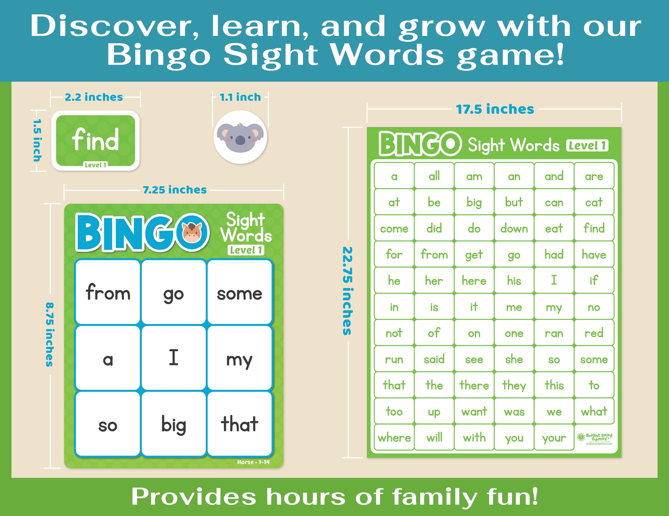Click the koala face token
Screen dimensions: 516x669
[240, 137]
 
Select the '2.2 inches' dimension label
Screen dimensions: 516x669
[94, 97]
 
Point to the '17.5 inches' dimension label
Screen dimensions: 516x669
[495, 109]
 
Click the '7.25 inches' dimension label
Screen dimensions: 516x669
[175, 190]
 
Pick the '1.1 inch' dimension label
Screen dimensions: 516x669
[240, 97]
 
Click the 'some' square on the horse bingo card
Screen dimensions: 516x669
[240, 292]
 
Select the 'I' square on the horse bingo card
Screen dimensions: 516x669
[173, 358]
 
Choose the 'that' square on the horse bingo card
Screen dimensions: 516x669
[240, 424]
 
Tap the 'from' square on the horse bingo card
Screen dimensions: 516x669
[108, 292]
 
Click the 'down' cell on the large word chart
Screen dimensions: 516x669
[514, 228]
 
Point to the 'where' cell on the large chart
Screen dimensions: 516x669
[394, 438]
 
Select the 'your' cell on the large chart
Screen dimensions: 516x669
[554, 438]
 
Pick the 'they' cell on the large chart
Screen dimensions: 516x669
[514, 385]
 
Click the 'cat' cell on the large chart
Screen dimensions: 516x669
[594, 202]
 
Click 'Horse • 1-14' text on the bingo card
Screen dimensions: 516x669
[253, 462]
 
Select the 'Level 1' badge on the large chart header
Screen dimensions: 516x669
[587, 146]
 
